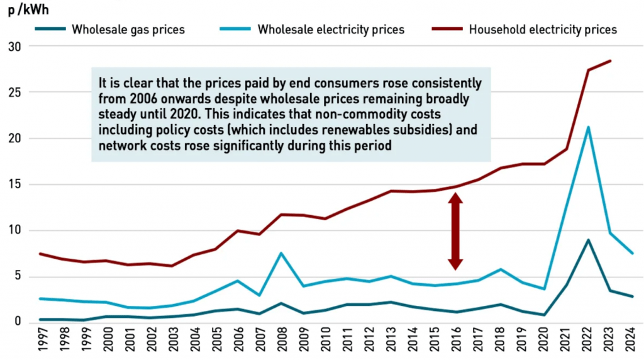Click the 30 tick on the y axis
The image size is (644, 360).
(x=14, y=47)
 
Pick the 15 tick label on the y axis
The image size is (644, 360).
(x=14, y=184)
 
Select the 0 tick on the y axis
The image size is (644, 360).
(x=18, y=322)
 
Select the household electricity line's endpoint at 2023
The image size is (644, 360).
(x=610, y=61)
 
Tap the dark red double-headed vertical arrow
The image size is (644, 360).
(x=455, y=230)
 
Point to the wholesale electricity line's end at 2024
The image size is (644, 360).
(x=631, y=253)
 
